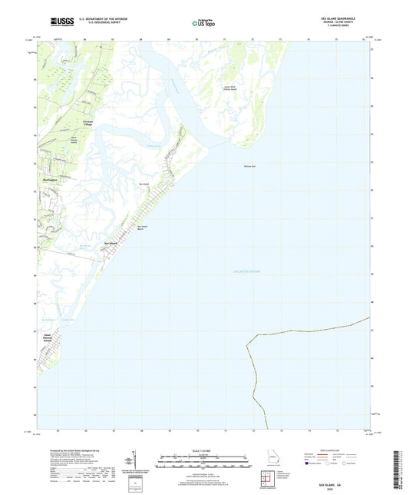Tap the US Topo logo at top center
click(x=203, y=23)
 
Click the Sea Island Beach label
click(x=143, y=228)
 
